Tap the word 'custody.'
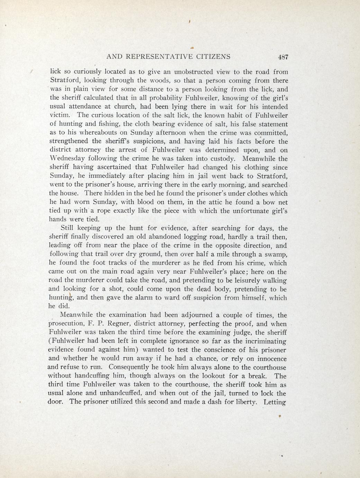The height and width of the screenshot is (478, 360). point(220,159)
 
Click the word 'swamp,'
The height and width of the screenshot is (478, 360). point(276,254)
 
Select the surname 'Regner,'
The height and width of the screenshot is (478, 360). point(119,324)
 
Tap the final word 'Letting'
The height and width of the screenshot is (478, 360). point(274,402)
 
